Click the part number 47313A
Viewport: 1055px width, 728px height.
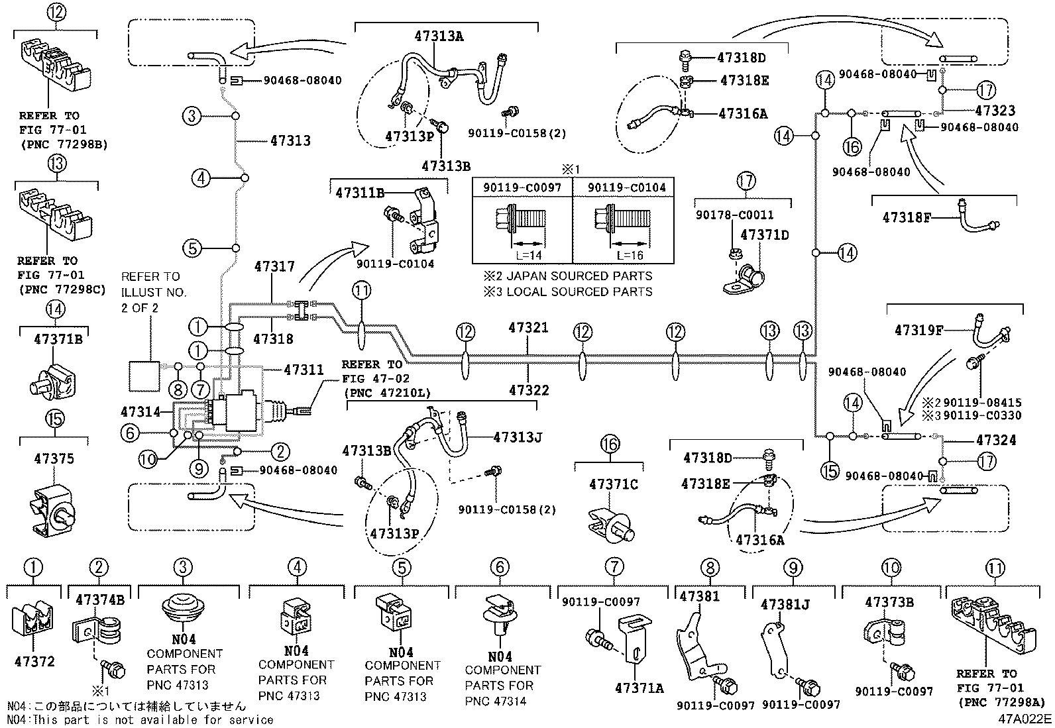pyautogui.click(x=439, y=36)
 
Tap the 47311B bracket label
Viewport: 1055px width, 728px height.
pyautogui.click(x=360, y=193)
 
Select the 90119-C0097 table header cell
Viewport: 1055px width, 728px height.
pyautogui.click(x=522, y=188)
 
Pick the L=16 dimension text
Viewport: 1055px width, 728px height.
pyautogui.click(x=630, y=255)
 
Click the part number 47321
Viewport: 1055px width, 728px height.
pyautogui.click(x=528, y=327)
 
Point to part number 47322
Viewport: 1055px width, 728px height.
pyautogui.click(x=529, y=390)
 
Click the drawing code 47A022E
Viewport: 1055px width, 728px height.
pyautogui.click(x=1025, y=719)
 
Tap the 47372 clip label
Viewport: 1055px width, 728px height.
pyautogui.click(x=34, y=662)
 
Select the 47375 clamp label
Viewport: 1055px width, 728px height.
pyautogui.click(x=54, y=458)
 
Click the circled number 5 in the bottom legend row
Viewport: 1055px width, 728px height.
pyautogui.click(x=402, y=568)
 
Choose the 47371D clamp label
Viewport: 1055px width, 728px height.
pyautogui.click(x=764, y=235)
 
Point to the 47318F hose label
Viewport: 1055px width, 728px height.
pyautogui.click(x=907, y=217)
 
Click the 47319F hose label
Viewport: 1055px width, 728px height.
pyautogui.click(x=919, y=330)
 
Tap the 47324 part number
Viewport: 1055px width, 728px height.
pyautogui.click(x=996, y=441)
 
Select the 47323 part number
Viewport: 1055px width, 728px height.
pyautogui.click(x=995, y=111)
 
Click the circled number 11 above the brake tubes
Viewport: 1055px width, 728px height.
pyautogui.click(x=361, y=291)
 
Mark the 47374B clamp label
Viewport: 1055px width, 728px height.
pyautogui.click(x=100, y=600)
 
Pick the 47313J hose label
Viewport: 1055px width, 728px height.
pyautogui.click(x=518, y=437)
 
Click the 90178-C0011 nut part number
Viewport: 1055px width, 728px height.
pyautogui.click(x=735, y=215)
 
